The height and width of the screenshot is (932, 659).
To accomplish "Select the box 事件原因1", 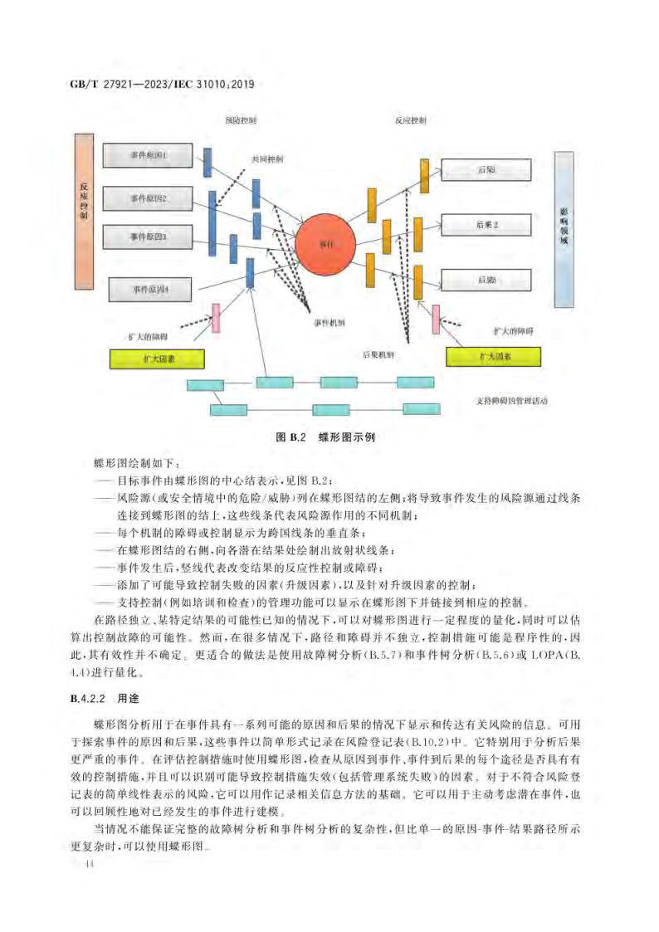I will pos(148,155).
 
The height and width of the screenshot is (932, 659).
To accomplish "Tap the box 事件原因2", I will pos(148,198).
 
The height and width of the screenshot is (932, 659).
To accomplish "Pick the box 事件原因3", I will pos(148,237).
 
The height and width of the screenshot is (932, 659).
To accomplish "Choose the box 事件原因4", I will pos(150,290).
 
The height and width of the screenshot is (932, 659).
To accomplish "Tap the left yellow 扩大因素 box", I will pos(158,359).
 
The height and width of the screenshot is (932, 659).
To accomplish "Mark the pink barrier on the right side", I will pos(435,319).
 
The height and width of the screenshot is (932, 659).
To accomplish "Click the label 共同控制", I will pos(267,159).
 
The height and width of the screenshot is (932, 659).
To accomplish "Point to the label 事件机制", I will pos(328,322).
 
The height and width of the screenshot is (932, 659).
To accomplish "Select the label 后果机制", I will pos(378,354).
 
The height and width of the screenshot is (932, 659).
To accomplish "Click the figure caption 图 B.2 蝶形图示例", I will pos(326,437).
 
